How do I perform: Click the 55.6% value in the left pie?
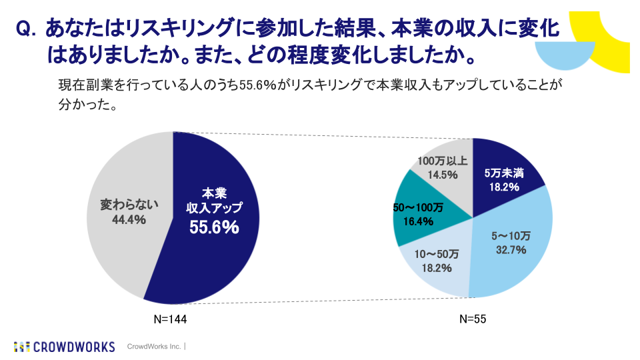coord(214,227)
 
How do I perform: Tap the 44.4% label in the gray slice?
coord(123,219)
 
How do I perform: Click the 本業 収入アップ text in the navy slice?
coord(214,201)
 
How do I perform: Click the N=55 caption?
coord(473,319)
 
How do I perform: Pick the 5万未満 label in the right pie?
coord(503,173)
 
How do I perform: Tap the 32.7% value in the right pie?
coord(511,250)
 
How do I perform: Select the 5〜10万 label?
coord(511,236)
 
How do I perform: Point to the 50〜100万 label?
coord(418,207)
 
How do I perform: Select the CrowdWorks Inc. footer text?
coord(154,347)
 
